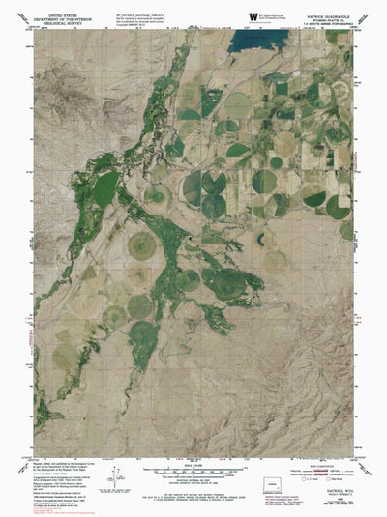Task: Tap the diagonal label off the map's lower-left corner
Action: (27, 449)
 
